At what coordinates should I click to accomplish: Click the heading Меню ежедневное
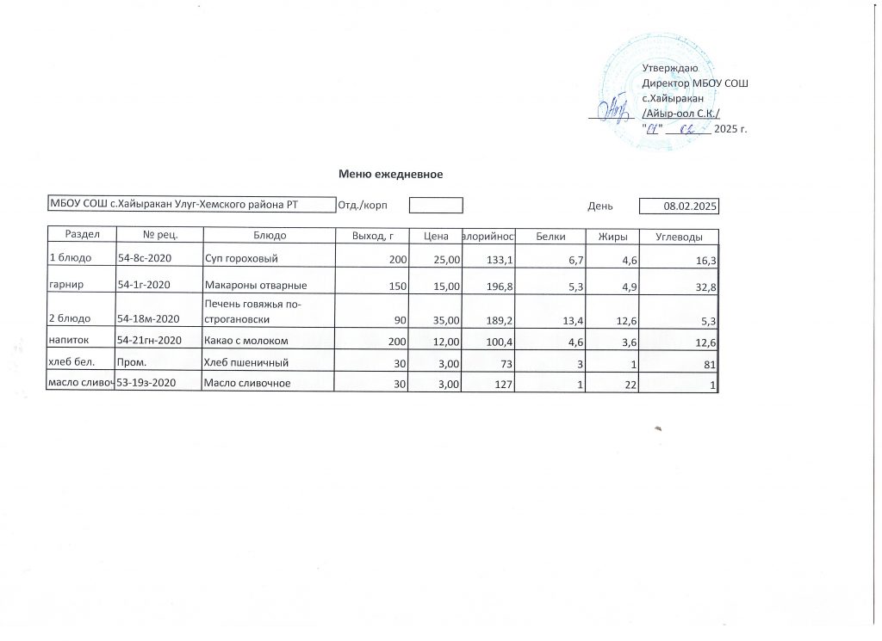tap(391, 175)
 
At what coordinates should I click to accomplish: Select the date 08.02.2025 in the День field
tap(691, 206)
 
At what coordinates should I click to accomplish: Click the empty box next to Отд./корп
tap(436, 206)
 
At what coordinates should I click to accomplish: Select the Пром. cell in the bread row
tap(129, 362)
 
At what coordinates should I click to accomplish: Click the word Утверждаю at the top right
tap(664, 67)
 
